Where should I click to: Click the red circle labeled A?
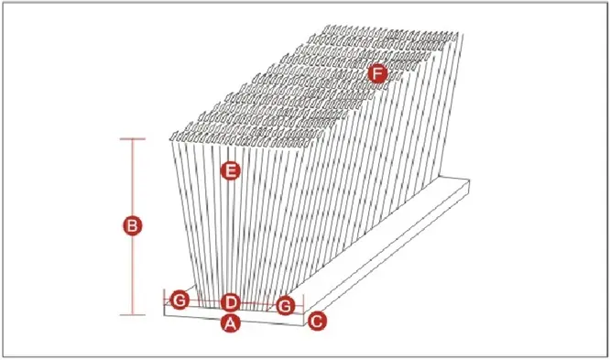click(x=230, y=322)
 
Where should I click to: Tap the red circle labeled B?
click(x=132, y=226)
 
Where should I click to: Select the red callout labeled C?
click(x=317, y=322)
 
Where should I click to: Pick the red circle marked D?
click(x=230, y=302)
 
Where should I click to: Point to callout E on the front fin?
click(x=230, y=170)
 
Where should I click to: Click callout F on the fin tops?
click(x=377, y=73)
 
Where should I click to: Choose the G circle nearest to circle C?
click(x=286, y=306)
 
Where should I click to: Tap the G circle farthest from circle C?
click(x=180, y=300)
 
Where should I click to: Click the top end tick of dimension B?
click(x=132, y=138)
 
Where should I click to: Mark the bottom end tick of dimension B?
click(x=132, y=314)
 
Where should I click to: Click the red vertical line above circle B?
click(x=132, y=178)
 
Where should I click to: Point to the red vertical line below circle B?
click(x=132, y=275)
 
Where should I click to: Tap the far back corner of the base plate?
click(x=469, y=180)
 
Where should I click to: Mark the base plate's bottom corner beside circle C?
click(x=304, y=325)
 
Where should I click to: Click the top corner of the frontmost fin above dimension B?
click(x=171, y=139)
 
